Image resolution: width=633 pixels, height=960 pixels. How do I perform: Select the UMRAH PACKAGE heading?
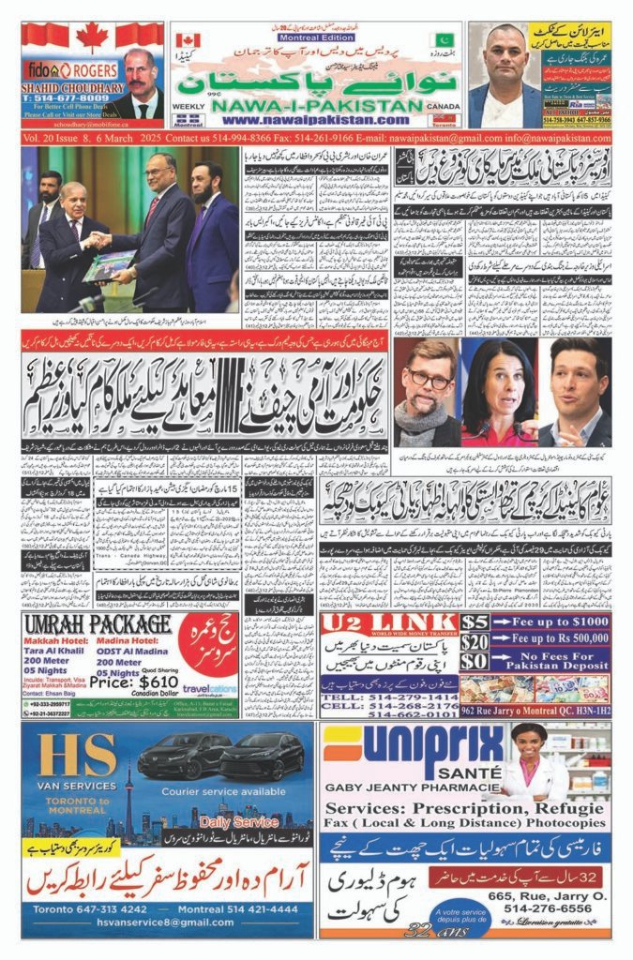tap(98, 625)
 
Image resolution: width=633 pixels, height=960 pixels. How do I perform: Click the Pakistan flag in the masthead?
tap(442, 41)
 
